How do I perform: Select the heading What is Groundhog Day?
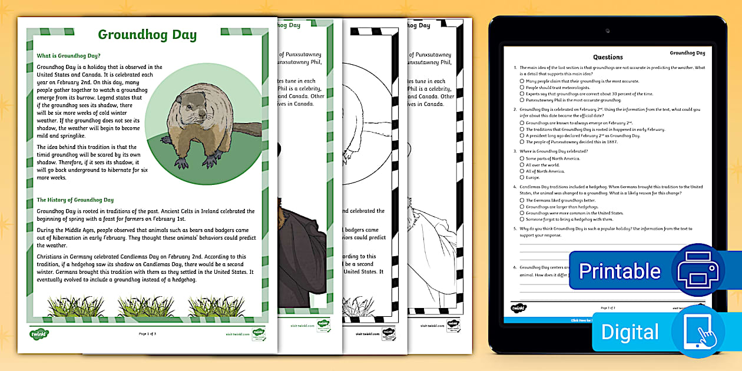click(x=69, y=55)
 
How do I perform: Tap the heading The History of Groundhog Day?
click(x=75, y=200)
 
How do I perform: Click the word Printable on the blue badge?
click(x=620, y=271)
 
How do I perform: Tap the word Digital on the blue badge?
click(x=631, y=332)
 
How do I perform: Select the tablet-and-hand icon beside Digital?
click(x=698, y=332)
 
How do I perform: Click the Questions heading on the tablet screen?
click(x=608, y=57)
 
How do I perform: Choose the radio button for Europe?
click(x=522, y=177)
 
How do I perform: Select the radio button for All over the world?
click(x=522, y=165)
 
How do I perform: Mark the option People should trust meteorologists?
click(x=522, y=88)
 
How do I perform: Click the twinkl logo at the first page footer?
click(x=39, y=334)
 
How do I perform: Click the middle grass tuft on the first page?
click(x=142, y=306)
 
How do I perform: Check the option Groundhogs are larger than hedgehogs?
click(x=522, y=207)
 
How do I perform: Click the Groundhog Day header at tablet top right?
click(x=687, y=53)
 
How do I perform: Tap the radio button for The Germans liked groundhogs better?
click(x=522, y=200)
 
